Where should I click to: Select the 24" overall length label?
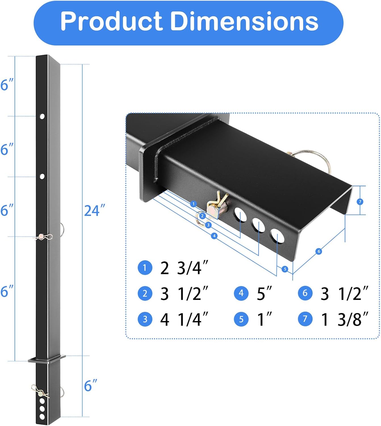pyautogui.click(x=94, y=210)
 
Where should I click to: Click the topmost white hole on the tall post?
pyautogui.click(x=42, y=116)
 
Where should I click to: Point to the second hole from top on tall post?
pyautogui.click(x=42, y=176)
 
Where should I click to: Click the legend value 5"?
pyautogui.click(x=264, y=293)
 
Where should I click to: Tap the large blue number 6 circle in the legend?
pyautogui.click(x=305, y=293)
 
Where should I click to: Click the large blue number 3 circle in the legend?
pyautogui.click(x=145, y=319)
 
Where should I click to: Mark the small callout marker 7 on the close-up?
pyautogui.click(x=360, y=202)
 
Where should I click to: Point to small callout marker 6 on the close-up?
pyautogui.click(x=319, y=251)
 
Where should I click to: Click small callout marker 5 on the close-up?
pyautogui.click(x=285, y=269)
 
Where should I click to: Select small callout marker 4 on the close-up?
pyautogui.click(x=214, y=236)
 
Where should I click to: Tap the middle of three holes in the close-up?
pyautogui.click(x=258, y=225)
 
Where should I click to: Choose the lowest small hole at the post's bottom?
pyautogui.click(x=42, y=417)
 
